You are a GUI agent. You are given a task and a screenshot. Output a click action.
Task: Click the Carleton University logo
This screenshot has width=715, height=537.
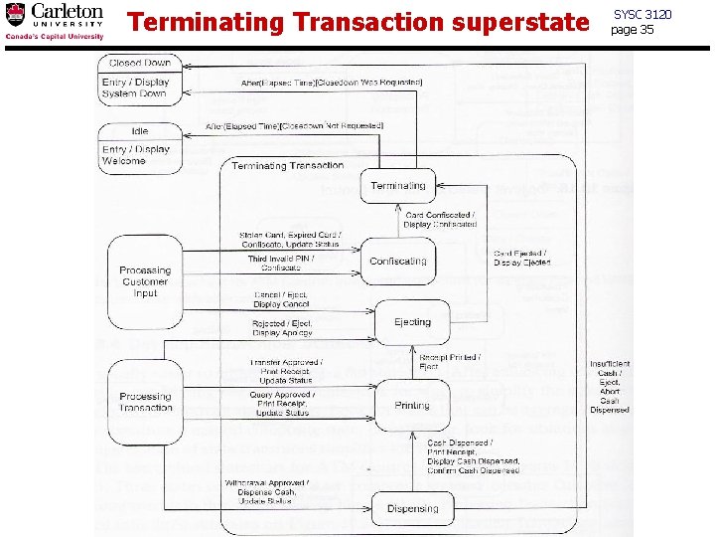(55, 21)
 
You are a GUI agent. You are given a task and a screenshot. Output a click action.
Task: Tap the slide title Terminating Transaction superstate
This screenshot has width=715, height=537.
(358, 22)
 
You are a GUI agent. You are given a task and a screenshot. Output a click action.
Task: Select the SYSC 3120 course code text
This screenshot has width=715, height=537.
(643, 14)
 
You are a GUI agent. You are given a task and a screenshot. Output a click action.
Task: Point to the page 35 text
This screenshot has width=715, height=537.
(633, 30)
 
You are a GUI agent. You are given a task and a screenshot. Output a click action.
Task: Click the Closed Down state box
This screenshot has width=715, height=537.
(139, 79)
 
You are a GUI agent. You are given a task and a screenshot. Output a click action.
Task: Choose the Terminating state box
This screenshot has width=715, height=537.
(397, 186)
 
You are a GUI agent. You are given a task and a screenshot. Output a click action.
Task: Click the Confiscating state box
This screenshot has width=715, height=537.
(397, 262)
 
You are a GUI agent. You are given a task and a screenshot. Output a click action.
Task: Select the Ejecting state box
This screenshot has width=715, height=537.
(411, 322)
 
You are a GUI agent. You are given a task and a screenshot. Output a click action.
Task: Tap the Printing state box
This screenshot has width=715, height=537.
(411, 405)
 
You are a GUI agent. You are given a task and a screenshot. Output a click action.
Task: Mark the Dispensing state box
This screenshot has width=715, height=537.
(411, 508)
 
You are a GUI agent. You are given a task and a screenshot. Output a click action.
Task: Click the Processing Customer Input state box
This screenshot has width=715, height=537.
(145, 281)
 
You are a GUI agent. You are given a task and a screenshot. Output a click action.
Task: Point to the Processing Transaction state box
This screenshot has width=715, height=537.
(145, 402)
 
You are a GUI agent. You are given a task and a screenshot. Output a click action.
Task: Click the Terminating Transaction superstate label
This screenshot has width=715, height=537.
(288, 166)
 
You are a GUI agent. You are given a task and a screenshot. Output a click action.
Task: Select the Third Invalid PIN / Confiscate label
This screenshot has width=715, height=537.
(281, 264)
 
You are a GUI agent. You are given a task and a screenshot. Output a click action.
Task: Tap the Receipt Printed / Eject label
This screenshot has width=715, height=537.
(449, 362)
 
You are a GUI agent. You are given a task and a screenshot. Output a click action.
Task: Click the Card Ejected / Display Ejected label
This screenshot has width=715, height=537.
(521, 259)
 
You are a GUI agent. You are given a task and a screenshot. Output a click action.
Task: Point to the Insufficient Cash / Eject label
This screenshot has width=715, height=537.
(609, 386)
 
